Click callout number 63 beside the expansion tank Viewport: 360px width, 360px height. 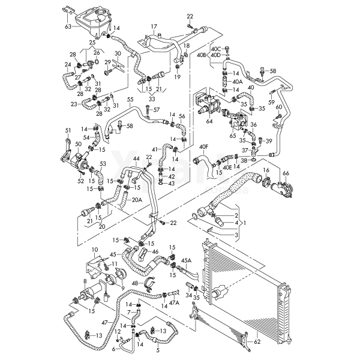point(68,26)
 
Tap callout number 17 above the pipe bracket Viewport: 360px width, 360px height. point(154,26)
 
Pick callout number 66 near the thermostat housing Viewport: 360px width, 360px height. point(286,173)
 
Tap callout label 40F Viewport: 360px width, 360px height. point(204,147)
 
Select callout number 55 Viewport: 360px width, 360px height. point(130,99)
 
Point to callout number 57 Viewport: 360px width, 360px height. point(157,110)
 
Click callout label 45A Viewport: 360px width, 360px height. point(187,260)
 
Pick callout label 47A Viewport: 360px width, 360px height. point(174,304)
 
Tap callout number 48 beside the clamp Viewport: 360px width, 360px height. point(134,283)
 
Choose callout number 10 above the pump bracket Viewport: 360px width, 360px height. point(94,249)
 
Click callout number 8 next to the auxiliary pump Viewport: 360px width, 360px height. point(85,280)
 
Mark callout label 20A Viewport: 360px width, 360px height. point(137,200)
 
